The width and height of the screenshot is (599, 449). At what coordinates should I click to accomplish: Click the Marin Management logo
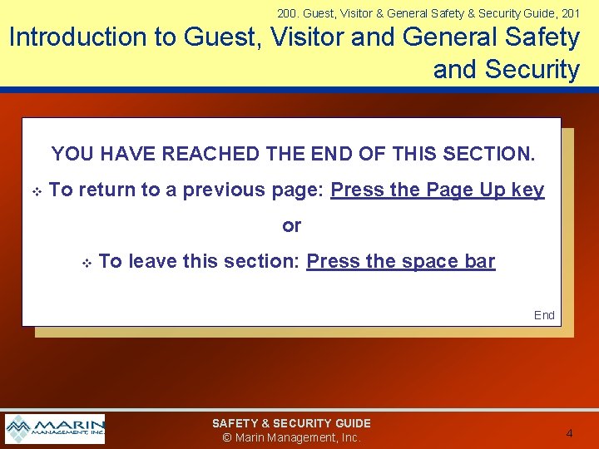[x=55, y=429]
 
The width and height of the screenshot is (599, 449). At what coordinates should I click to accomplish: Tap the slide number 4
[x=569, y=433]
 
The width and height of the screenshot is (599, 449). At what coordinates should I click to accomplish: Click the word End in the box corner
[x=544, y=315]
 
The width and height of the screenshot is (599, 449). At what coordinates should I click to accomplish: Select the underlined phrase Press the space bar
[x=400, y=262]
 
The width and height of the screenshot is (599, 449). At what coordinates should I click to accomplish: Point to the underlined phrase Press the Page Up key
[x=437, y=190]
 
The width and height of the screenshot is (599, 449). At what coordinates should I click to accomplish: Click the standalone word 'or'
[x=292, y=226]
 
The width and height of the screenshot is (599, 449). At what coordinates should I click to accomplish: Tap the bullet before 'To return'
[x=37, y=191]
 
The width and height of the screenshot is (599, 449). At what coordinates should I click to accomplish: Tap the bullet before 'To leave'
[x=86, y=263]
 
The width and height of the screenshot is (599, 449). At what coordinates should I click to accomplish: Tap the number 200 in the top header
[x=287, y=12]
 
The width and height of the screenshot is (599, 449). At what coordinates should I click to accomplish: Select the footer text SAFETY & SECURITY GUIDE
[x=291, y=423]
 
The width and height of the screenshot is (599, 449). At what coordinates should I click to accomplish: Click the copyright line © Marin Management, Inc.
[x=291, y=437]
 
